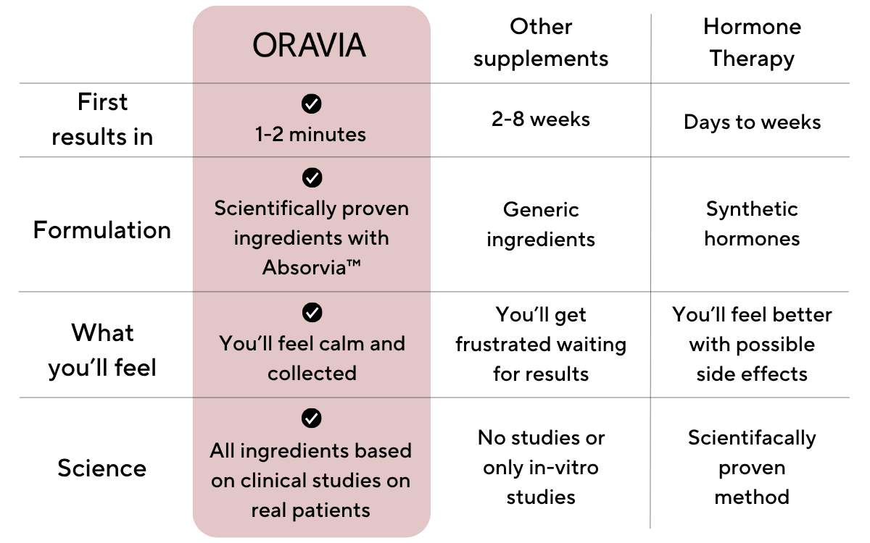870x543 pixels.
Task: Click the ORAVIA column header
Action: pyautogui.click(x=309, y=45)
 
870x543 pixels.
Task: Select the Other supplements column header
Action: pyautogui.click(x=541, y=43)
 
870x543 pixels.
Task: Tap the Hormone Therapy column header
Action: pyautogui.click(x=752, y=43)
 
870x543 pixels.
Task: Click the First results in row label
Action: pyautogui.click(x=102, y=119)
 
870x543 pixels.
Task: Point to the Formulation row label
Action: pyautogui.click(x=102, y=230)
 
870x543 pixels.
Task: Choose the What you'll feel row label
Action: pyautogui.click(x=102, y=350)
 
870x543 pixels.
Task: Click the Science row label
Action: pyautogui.click(x=102, y=468)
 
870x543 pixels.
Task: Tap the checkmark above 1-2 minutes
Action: pyautogui.click(x=312, y=104)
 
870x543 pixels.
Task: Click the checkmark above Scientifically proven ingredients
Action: pyautogui.click(x=312, y=177)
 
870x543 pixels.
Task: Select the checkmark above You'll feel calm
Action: pyautogui.click(x=312, y=312)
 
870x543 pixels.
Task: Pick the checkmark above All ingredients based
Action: pyautogui.click(x=312, y=418)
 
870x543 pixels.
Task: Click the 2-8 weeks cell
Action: pyautogui.click(x=541, y=119)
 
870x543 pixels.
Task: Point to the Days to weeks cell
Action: pyautogui.click(x=753, y=122)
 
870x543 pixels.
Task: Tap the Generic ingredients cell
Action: pyautogui.click(x=541, y=224)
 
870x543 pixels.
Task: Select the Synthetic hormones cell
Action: pyautogui.click(x=753, y=224)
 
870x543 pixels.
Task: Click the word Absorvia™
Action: pyautogui.click(x=312, y=267)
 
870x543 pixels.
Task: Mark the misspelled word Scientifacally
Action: pyautogui.click(x=752, y=439)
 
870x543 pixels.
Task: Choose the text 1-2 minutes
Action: pyautogui.click(x=310, y=135)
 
